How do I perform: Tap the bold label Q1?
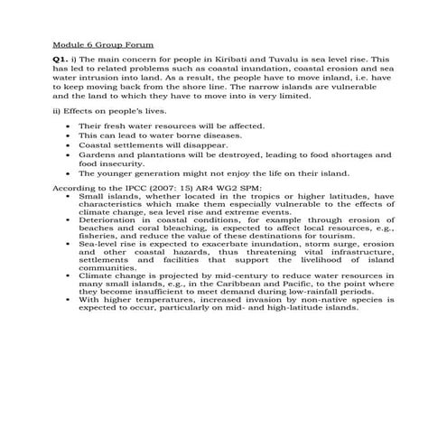[x=60, y=58]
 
